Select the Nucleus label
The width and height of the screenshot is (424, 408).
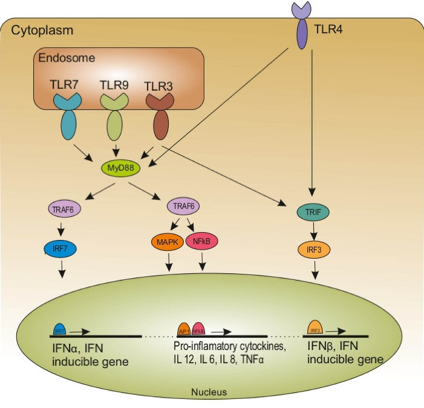pos(209,392)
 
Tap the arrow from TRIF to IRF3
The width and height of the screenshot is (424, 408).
pos(311,231)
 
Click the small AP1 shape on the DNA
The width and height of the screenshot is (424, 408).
pos(184,329)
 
